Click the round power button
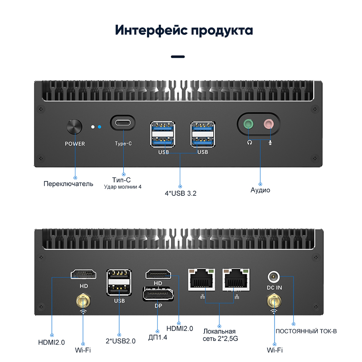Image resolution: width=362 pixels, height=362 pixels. point(74,127)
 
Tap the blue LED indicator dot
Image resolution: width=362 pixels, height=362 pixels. point(100,127)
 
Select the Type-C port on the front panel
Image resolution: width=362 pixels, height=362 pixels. point(123,123)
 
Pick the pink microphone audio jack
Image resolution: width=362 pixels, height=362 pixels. point(269,124)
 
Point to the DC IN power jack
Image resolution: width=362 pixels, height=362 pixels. point(274,277)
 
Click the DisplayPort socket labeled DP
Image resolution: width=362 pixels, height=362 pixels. point(158,294)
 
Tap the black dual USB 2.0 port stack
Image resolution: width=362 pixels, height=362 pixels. point(119,282)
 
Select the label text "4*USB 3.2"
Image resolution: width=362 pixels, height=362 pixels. point(181,193)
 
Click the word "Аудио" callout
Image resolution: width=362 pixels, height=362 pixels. point(260,190)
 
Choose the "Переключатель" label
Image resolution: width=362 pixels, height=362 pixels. point(68,184)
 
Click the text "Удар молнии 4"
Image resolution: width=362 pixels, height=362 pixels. point(123,187)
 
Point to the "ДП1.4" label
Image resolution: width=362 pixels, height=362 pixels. point(158,337)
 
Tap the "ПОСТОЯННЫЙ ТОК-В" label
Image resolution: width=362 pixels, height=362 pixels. point(306,331)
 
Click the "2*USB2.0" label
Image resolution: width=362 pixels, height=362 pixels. point(121,341)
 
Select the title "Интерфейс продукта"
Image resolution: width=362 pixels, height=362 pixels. point(184,30)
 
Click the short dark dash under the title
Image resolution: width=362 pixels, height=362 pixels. point(178,56)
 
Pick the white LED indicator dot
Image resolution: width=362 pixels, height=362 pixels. point(93,127)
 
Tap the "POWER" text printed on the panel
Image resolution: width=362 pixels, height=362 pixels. point(75,144)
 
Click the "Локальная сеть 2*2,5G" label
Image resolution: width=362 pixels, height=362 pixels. point(220,335)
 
